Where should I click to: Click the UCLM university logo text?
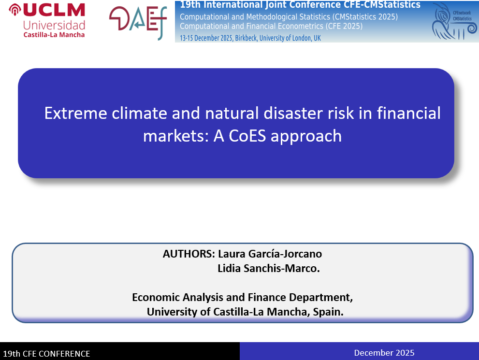(54, 10)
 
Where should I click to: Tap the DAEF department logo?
(138, 22)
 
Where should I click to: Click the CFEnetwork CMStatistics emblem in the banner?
(454, 21)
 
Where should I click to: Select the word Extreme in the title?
(76, 113)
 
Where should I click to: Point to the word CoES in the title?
(247, 136)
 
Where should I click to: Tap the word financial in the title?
(409, 113)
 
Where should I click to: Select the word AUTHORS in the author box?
(189, 254)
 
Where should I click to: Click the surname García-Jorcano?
(285, 254)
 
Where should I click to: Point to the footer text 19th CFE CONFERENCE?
(46, 354)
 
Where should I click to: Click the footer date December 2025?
(384, 353)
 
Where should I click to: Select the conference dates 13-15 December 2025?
(206, 38)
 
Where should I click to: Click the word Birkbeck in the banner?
(246, 38)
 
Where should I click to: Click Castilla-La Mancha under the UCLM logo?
(54, 35)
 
